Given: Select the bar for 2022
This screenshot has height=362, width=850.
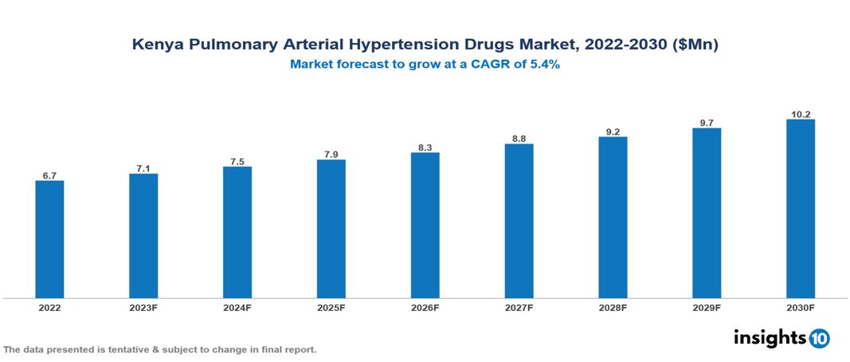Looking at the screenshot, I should [49, 239].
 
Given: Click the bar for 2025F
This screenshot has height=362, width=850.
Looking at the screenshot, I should [331, 229].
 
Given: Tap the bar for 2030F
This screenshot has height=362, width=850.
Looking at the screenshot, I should [800, 209].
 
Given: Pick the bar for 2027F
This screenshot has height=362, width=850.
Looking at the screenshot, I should [519, 221].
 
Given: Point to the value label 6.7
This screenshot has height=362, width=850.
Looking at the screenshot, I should [49, 175].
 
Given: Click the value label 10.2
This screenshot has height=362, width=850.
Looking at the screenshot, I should [800, 114].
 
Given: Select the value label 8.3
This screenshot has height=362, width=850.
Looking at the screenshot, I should [425, 147].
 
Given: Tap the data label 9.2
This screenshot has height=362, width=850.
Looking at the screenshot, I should [613, 131].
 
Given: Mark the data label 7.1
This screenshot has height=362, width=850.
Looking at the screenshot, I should [143, 167].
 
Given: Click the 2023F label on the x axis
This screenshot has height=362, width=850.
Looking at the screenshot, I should [143, 307].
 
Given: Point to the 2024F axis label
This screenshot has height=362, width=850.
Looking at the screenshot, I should [237, 307].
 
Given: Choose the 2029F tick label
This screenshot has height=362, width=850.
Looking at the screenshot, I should [707, 307].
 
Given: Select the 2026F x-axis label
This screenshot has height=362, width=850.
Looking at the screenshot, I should [425, 307].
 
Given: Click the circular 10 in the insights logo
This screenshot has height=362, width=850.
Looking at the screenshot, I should [820, 339].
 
